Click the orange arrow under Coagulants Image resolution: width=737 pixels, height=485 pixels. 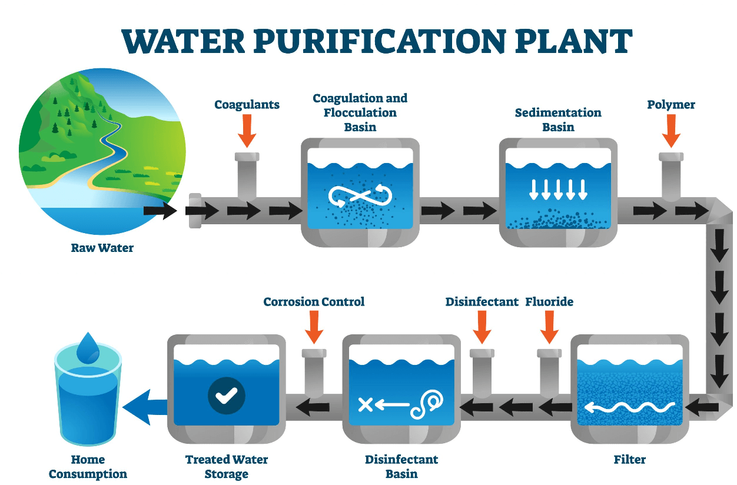[x=247, y=130]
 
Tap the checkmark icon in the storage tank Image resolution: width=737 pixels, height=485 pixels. [x=226, y=395]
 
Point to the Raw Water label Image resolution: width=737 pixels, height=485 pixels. [x=102, y=248]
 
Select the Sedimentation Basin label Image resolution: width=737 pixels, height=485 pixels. [x=558, y=119]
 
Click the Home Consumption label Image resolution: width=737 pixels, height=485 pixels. [x=88, y=467]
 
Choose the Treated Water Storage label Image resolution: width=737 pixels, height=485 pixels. [x=227, y=467]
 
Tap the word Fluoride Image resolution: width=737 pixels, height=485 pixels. [x=549, y=302]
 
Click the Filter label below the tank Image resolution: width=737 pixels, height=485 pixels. [x=630, y=459]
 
